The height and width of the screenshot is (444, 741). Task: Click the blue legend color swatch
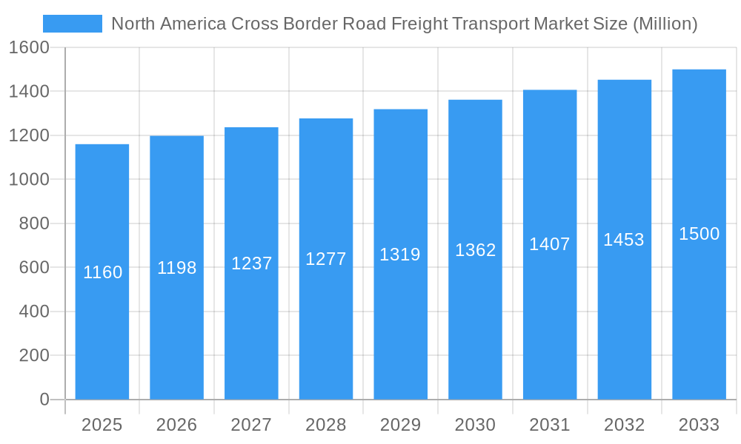[73, 24]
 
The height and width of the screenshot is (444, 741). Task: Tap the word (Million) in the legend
[665, 24]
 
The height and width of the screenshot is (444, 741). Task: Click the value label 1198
[176, 268]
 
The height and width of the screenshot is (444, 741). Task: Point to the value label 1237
[251, 263]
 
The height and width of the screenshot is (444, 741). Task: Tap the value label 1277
[326, 259]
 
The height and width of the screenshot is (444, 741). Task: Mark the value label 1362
[475, 250]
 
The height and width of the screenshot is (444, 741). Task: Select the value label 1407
[549, 244]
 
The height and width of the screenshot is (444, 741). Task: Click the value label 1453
[624, 240]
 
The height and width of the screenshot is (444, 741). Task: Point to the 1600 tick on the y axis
[29, 47]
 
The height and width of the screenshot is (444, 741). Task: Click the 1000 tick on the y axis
[29, 180]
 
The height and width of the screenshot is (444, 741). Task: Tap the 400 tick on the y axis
[34, 312]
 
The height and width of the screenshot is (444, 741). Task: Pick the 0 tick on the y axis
[44, 400]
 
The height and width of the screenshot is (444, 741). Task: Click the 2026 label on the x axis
[176, 425]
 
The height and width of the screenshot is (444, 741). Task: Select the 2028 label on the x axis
[326, 425]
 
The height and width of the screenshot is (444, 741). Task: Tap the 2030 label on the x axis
[475, 425]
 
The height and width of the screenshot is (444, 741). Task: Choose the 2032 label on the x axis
[624, 425]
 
